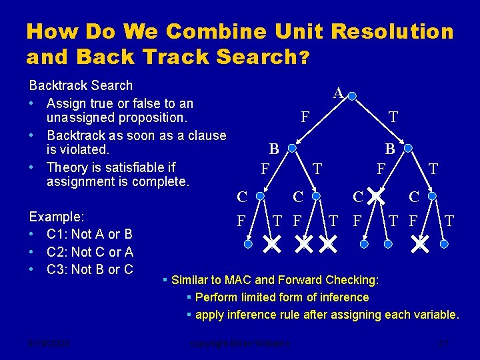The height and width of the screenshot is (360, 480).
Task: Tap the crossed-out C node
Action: [377, 196]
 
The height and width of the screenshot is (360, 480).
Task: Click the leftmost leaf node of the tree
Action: [248, 245]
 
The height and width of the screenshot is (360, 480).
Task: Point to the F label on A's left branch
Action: [305, 117]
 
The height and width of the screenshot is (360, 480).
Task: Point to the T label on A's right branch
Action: [393, 117]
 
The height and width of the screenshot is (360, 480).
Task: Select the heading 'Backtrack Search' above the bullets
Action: [81, 85]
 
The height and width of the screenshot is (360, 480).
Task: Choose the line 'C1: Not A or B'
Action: [89, 234]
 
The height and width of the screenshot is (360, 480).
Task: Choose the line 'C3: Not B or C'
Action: [89, 269]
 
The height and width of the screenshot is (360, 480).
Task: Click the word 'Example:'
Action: [55, 217]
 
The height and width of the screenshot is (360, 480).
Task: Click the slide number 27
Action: [443, 344]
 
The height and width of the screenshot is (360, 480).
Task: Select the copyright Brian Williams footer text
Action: [239, 344]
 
